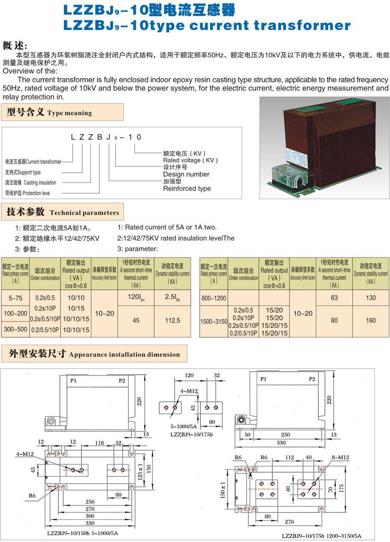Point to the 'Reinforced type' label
point(187,189)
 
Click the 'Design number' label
point(186,174)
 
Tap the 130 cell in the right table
point(371,298)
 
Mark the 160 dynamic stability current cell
point(371,320)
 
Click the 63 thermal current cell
point(334,298)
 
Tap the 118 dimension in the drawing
point(100,442)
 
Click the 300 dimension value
point(90,516)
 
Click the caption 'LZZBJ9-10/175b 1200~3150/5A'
point(322,536)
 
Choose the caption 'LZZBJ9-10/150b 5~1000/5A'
point(82,533)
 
